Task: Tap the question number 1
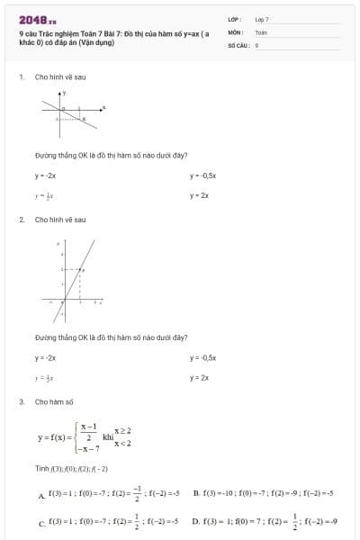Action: click(x=21, y=77)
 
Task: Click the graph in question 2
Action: click(x=71, y=278)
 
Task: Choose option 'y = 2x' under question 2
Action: click(x=199, y=377)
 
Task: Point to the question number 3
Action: click(x=21, y=401)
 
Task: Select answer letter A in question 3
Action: click(x=41, y=496)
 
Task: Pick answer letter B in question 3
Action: click(x=195, y=493)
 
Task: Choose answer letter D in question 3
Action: click(x=195, y=520)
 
